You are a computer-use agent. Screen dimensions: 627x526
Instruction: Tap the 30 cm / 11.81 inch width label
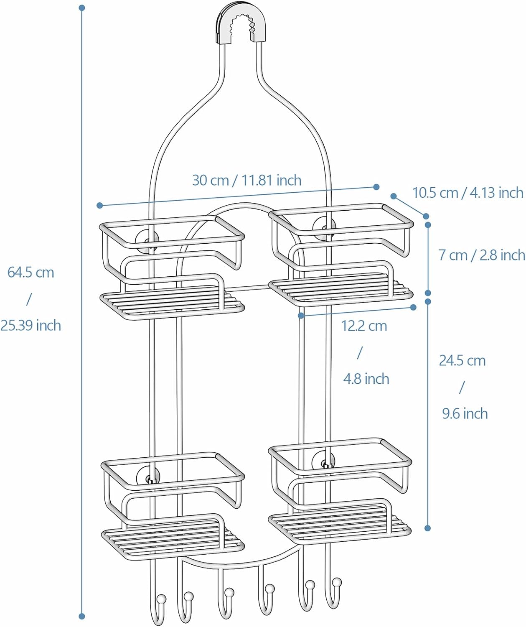point(246,180)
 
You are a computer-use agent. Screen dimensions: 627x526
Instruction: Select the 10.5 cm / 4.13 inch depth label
point(468,192)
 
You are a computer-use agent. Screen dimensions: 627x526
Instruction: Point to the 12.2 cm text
point(364,326)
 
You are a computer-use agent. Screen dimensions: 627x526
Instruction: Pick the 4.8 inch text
point(366,379)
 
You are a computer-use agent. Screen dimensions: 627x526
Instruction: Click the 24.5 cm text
point(462,360)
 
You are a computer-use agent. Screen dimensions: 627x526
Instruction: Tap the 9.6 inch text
point(465,413)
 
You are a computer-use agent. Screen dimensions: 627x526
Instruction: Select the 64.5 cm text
point(31,272)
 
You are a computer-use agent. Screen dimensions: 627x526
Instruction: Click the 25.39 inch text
point(30,325)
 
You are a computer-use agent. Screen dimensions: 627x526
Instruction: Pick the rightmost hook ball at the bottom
point(337,582)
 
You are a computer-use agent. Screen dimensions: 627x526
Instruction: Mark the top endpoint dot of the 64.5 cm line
point(82,8)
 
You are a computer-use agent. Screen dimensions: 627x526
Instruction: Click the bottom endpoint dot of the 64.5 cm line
point(82,616)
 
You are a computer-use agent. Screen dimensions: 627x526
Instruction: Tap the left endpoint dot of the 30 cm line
point(99,205)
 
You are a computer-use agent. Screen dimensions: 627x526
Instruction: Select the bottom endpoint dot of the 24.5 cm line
point(427,528)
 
